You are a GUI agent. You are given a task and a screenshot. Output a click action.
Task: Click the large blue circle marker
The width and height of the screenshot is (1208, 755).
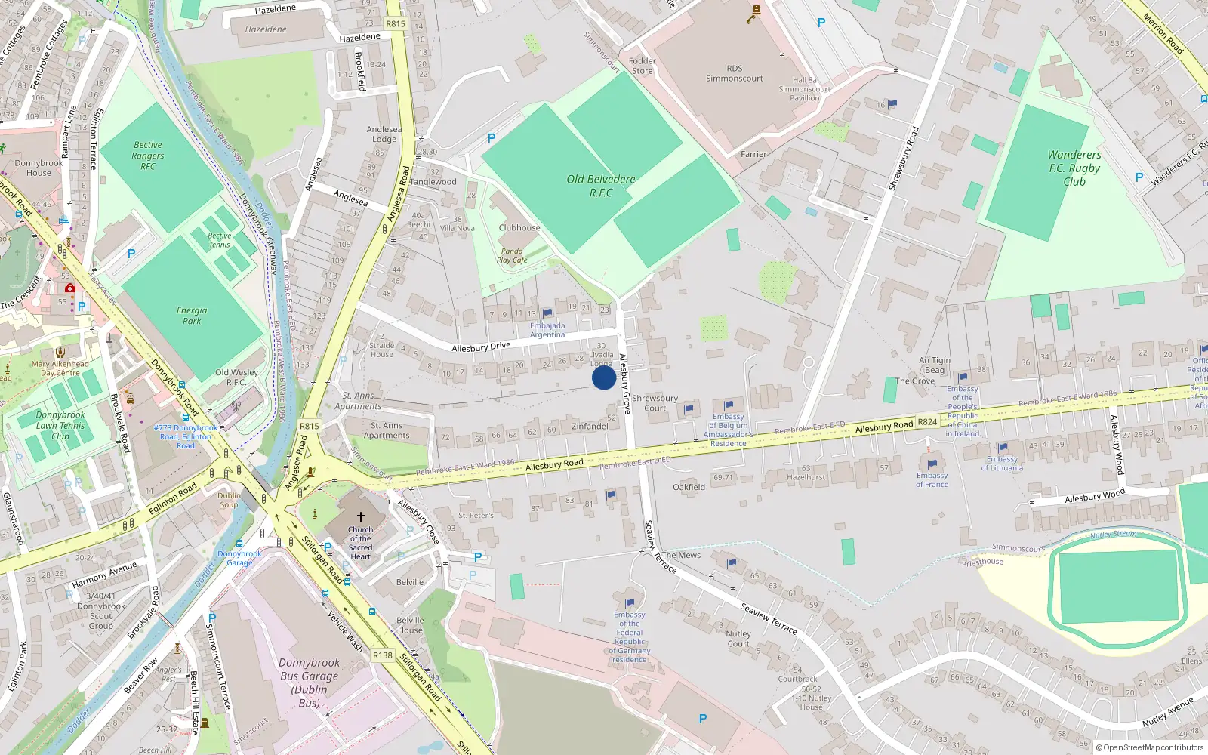[603, 377]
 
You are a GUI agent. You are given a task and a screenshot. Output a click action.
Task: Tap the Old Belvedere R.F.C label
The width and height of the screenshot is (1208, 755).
[601, 186]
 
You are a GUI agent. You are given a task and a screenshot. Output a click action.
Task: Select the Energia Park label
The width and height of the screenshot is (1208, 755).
[192, 316]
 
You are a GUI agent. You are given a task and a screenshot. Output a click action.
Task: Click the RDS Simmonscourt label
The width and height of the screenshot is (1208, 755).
[734, 73]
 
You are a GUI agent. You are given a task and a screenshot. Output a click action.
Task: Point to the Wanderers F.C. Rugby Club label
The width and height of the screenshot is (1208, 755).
[1074, 168]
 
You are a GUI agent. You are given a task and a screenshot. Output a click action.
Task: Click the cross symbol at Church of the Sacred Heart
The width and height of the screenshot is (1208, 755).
[361, 517]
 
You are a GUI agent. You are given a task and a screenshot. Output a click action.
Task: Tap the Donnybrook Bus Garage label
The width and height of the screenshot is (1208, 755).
[310, 682]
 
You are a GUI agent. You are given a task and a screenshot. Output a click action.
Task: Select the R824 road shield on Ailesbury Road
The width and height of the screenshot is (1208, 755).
[927, 422]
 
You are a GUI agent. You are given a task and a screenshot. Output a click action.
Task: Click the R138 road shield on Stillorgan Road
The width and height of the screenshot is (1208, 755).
[383, 655]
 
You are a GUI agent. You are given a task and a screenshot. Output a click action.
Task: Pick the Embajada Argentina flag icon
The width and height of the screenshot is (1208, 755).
[548, 313]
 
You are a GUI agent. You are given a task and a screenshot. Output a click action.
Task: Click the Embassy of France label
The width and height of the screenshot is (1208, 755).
[932, 479]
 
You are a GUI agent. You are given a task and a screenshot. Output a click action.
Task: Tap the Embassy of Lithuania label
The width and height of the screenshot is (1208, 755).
[1002, 463]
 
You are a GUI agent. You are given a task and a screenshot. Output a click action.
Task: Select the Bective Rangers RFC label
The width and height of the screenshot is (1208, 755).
[148, 156]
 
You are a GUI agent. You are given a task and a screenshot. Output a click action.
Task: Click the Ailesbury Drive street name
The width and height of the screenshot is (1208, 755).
[481, 347]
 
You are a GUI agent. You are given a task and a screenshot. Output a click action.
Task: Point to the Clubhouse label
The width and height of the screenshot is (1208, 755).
[519, 227]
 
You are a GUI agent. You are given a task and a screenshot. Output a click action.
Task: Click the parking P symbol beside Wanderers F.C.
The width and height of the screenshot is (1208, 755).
[1139, 177]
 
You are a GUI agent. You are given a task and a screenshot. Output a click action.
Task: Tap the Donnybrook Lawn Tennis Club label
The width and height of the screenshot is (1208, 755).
[60, 425]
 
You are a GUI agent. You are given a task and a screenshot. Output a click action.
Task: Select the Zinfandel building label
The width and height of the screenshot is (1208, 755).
[590, 427]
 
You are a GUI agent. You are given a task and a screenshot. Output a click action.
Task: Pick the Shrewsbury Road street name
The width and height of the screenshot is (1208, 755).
[903, 158]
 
